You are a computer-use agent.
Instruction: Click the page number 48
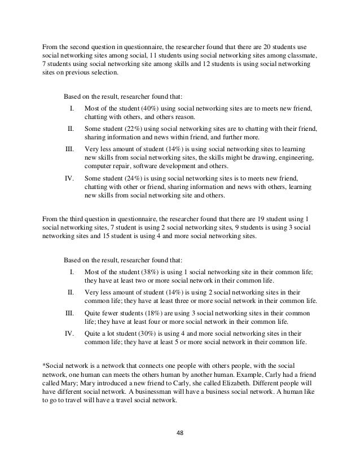[180, 433]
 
